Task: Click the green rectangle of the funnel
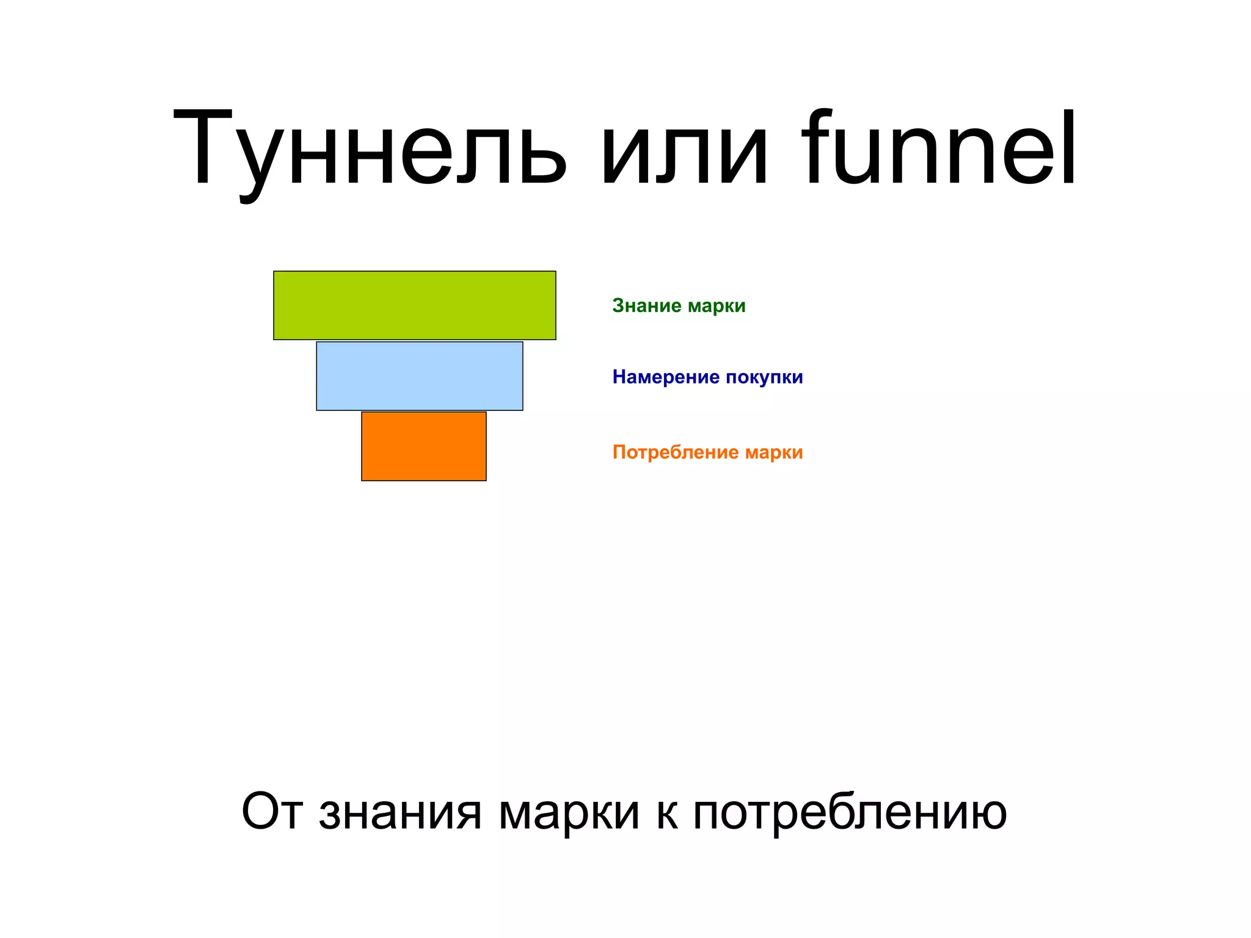(x=414, y=305)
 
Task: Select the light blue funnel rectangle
(x=419, y=376)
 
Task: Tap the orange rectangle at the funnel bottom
(x=423, y=446)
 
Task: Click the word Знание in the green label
(x=646, y=305)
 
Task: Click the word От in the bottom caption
(x=272, y=812)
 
